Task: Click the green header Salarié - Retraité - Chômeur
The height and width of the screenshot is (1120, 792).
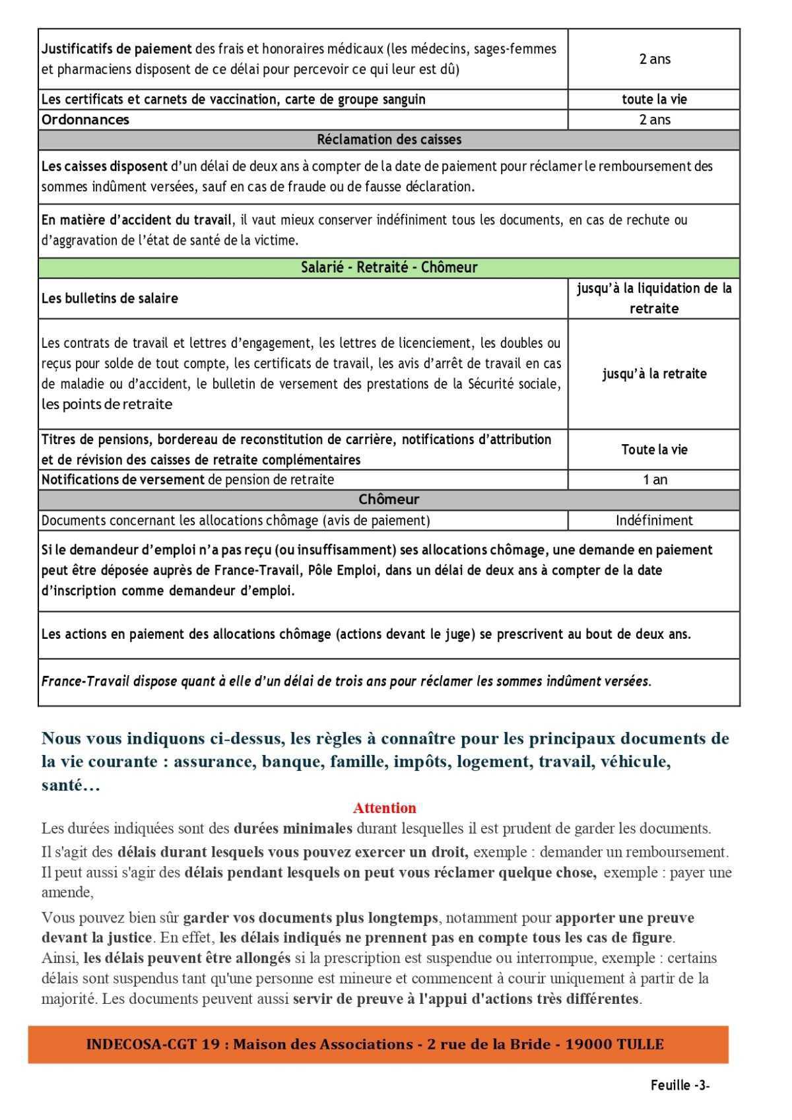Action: pos(389,267)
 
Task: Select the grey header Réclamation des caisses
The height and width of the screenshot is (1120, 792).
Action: pos(389,139)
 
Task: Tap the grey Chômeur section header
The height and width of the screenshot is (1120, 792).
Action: pos(389,500)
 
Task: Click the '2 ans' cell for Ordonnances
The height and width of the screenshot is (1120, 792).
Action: pos(654,119)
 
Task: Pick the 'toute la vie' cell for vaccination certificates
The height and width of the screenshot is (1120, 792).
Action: pos(654,99)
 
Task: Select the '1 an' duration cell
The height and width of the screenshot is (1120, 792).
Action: pos(654,480)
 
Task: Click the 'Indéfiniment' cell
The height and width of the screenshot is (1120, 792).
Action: pos(654,520)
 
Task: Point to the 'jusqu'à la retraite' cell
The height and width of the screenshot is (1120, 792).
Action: pos(654,374)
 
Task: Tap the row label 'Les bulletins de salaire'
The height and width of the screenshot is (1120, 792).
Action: pos(110,298)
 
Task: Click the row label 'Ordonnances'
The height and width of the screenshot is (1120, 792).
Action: pos(85,119)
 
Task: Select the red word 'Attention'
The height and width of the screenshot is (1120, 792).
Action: pos(384,808)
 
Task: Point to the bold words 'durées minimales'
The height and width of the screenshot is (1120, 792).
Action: pos(293,828)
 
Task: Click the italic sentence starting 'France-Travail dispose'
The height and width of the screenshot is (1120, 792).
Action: pos(346,681)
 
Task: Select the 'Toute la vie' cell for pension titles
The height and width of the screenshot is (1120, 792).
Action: pos(654,449)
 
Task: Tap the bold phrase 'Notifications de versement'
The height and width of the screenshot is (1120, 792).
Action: pos(123,480)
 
